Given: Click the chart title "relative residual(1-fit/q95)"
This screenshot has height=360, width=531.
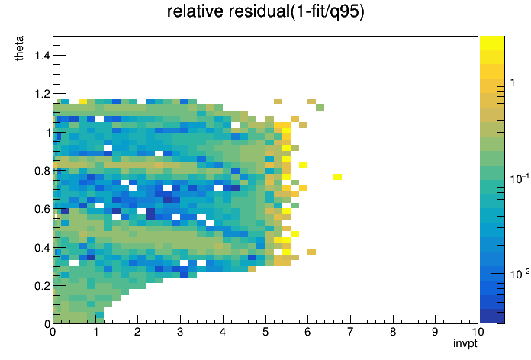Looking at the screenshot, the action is (x=265, y=11).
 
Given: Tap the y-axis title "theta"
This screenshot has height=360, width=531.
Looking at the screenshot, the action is (x=19, y=48).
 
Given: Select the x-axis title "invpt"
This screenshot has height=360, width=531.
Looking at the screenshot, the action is (x=465, y=344).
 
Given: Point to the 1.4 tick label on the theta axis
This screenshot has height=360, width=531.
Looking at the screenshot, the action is (x=42, y=55).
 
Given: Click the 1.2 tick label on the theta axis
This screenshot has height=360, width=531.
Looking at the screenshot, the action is (x=42, y=94).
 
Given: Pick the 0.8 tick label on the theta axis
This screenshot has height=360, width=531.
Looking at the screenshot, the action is (x=42, y=171).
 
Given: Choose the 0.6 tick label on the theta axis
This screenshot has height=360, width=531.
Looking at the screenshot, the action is (x=42, y=209).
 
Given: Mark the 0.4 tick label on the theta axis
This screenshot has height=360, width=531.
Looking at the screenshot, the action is (x=42, y=248).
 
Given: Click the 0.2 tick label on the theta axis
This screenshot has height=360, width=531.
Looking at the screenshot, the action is (x=42, y=286).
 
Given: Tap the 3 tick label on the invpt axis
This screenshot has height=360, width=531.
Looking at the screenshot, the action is (x=180, y=332).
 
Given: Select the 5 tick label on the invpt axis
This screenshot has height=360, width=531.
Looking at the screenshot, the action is (x=265, y=332).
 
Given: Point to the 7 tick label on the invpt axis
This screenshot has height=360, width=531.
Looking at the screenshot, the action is (x=350, y=332).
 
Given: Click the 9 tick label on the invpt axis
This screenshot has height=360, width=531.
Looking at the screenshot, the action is (x=435, y=332).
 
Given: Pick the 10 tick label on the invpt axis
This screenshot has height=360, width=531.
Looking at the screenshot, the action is (x=478, y=332).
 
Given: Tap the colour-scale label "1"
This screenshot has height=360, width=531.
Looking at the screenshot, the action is (x=513, y=82).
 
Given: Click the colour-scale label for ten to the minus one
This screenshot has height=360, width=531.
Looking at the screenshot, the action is (x=520, y=178).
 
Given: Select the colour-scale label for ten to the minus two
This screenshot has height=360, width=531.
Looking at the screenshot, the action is (x=520, y=274).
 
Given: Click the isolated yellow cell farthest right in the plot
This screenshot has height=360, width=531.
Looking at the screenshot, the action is (x=337, y=177).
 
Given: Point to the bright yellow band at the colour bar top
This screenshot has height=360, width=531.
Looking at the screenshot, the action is (x=492, y=43).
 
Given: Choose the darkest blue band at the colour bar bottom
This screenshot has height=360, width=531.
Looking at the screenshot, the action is (x=492, y=317).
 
